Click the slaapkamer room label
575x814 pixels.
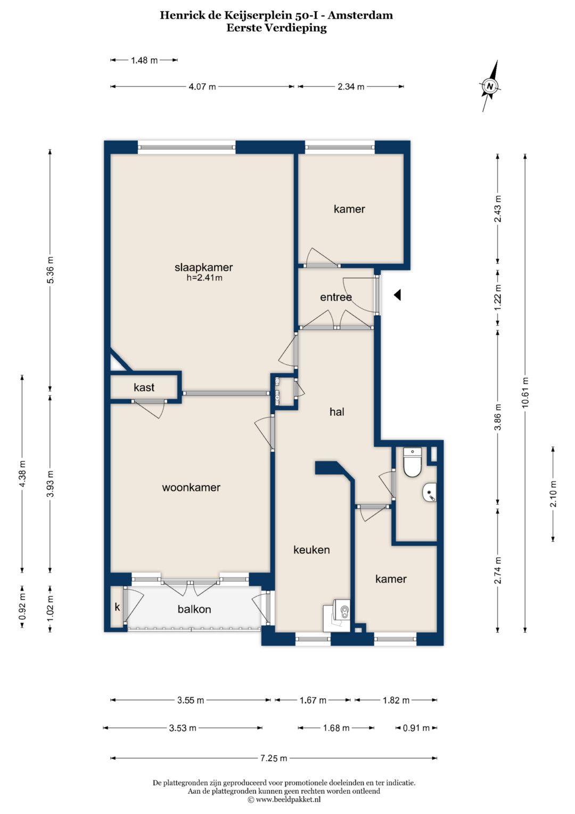tap(203, 268)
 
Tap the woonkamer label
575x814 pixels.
tap(191, 487)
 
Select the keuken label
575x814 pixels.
tap(311, 550)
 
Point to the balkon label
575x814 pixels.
tap(194, 609)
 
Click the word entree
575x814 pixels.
tap(336, 297)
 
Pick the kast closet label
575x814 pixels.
tap(144, 388)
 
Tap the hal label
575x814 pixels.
tap(337, 412)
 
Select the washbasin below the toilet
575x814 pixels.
tap(430, 493)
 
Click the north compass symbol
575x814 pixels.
tap(490, 86)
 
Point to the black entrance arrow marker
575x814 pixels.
tap(398, 295)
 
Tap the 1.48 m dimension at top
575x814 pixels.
tap(144, 60)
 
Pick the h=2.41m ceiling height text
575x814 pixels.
tap(204, 278)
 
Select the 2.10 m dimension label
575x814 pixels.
tap(553, 494)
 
